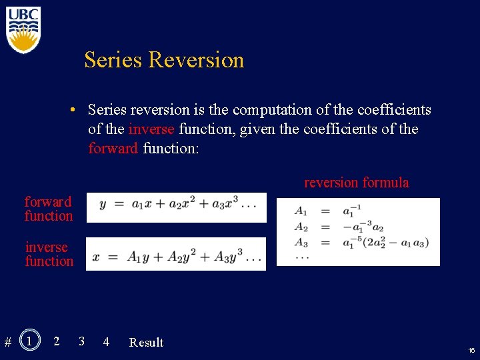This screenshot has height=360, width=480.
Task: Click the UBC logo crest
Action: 24,31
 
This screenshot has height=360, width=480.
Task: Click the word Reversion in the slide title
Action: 196,60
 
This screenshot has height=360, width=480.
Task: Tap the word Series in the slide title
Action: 113,60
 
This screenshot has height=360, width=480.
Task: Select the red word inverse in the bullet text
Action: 151,129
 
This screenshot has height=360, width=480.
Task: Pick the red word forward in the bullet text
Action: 113,148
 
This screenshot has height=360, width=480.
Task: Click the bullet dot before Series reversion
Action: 78,109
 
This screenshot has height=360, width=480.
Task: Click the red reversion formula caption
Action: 357,183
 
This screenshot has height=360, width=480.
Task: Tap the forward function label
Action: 49,209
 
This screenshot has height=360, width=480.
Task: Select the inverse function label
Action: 49,254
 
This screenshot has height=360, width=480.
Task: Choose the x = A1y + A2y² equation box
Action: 176,254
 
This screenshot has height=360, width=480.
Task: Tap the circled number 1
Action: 29,341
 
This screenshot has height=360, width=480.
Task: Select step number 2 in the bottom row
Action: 56,341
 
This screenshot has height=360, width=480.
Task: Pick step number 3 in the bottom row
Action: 81,341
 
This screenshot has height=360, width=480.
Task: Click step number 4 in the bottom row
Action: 106,342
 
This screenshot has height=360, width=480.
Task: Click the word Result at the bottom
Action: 146,343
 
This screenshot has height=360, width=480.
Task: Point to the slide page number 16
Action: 471,350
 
